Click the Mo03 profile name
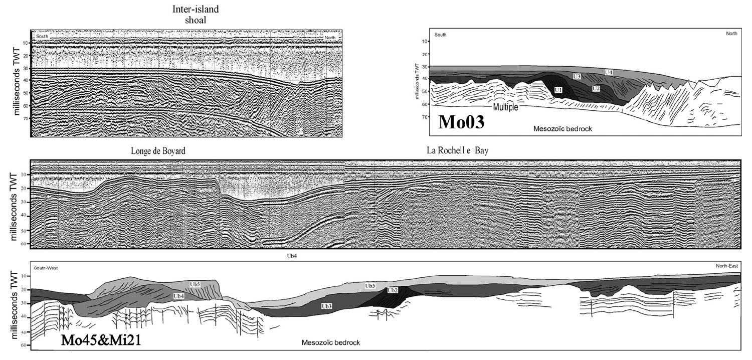pos(461,122)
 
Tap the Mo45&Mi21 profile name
pos(101,340)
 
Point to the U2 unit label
pos(596,88)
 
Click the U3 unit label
pos(577,76)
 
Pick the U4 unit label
pos(608,73)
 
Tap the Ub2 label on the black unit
pos(393,290)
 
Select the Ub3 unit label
pos(326,305)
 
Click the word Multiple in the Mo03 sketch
pos(505,107)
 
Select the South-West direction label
pos(46,268)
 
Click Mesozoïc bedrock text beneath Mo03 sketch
pos(563,129)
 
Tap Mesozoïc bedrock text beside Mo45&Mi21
pos(331,343)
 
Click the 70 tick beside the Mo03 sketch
pos(424,116)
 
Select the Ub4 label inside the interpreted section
pos(178,296)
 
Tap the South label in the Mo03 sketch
pos(441,35)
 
